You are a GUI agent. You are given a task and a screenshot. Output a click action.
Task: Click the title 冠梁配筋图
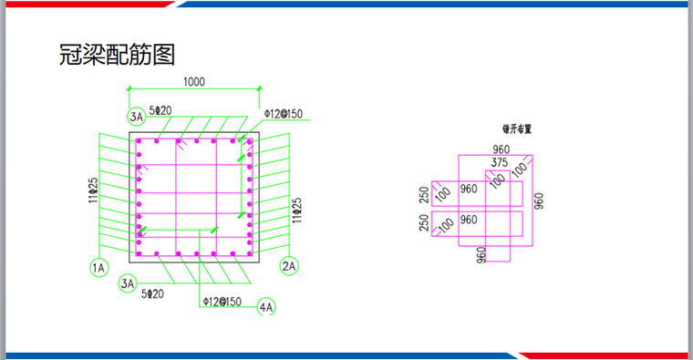[x=116, y=56]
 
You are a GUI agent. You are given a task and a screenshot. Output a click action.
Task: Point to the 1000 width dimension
[x=193, y=81]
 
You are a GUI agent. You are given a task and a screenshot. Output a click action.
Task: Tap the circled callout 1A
[x=99, y=267]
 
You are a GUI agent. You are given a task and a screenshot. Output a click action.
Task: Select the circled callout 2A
[x=290, y=266]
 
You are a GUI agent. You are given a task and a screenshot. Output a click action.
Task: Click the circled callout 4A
[x=266, y=307]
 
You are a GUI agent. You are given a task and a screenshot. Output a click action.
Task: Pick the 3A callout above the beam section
[x=137, y=116]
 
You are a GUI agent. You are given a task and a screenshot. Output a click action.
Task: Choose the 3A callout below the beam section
[x=129, y=284]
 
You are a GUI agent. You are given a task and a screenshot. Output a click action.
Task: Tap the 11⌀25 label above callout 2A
[x=296, y=210]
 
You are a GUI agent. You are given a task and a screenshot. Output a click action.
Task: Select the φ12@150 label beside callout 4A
[x=222, y=301]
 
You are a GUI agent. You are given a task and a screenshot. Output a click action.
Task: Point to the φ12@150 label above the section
[x=283, y=115]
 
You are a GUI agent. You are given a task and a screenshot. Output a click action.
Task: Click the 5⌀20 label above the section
[x=161, y=110]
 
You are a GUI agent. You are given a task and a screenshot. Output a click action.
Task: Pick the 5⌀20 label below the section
[x=152, y=293]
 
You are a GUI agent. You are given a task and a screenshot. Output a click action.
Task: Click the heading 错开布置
[x=516, y=129]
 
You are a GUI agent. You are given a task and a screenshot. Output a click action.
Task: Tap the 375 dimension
[x=499, y=162]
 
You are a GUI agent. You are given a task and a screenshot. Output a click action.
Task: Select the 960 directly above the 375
[x=501, y=149]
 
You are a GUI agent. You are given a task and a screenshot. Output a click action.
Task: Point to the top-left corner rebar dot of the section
[x=140, y=141]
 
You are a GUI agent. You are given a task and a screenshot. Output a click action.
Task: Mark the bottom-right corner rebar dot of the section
[x=249, y=252]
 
